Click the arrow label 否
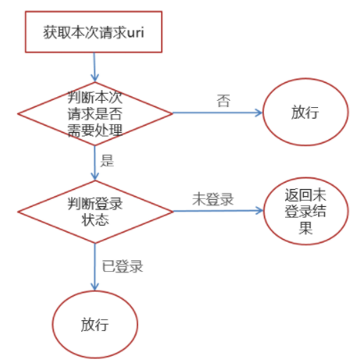point(224,101)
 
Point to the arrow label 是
point(107,161)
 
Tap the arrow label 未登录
point(213,199)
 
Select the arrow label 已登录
point(122,266)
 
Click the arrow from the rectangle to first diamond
point(94,67)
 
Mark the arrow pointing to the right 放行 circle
point(217,112)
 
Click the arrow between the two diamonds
point(95,163)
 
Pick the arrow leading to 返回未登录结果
point(218,211)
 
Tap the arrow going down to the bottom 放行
point(95,267)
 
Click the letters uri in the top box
point(135,32)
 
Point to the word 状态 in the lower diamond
point(95,219)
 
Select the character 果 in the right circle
point(306,227)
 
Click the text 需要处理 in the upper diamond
point(95,130)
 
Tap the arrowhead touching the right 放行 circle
point(259,112)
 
